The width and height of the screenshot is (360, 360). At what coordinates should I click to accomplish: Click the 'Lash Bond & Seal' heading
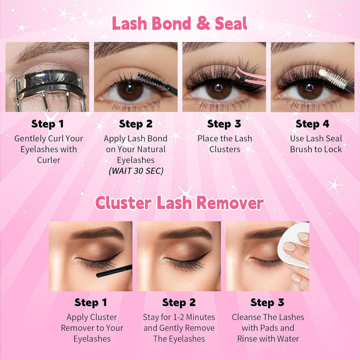coord(179,23)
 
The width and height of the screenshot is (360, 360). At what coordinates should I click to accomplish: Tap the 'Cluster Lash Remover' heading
coord(179,202)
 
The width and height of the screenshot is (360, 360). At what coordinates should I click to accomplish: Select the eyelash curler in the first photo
coord(40,87)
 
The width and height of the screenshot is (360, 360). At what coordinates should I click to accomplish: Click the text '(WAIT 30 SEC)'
coord(135,171)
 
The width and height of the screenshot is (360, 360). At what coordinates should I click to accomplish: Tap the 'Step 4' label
coord(315,124)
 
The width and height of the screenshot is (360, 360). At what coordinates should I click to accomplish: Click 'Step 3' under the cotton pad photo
coord(267,302)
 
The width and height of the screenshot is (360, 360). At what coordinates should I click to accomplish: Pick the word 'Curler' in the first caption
coord(48,160)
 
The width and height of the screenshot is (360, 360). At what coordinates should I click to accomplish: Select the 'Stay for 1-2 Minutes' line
coord(179,317)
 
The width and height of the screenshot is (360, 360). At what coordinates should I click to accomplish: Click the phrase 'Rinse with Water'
coord(268,339)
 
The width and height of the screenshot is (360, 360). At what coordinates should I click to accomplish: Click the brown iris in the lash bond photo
coord(131,89)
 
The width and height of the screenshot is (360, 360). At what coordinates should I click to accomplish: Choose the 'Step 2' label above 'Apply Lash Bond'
coord(135,124)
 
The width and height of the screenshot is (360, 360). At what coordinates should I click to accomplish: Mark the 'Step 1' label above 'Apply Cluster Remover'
coord(90,302)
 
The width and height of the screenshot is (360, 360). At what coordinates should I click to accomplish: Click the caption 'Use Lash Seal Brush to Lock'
coord(316,144)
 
